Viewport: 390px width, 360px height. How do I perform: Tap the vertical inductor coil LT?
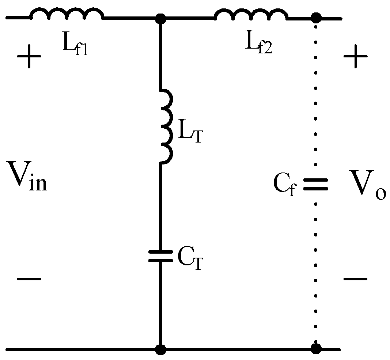166,126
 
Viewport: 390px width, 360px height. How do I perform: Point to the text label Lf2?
258,45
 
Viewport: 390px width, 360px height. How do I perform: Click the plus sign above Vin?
29,59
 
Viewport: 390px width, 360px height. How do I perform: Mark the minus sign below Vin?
29,279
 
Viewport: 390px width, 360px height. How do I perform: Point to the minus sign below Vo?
355,279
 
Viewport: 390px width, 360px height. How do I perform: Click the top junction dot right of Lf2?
316,17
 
